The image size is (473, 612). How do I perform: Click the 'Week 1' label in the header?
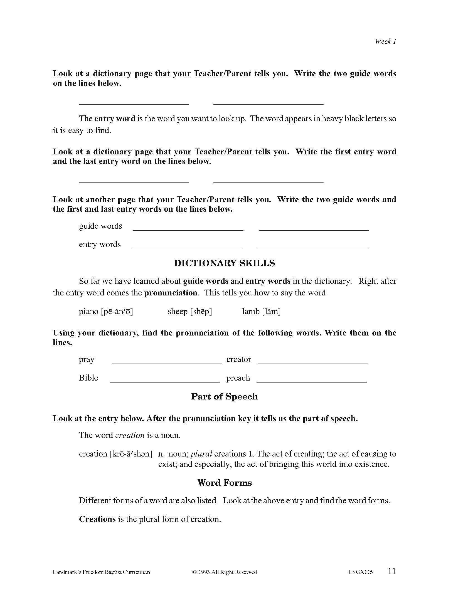point(386,41)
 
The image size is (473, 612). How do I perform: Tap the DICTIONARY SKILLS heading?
point(225,263)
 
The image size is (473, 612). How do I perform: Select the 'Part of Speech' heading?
point(225,396)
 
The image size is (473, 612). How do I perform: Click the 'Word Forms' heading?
point(225,483)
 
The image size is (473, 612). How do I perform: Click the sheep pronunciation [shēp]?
point(201,311)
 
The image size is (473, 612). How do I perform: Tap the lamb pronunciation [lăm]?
point(271,311)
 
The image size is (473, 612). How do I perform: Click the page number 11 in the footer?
point(392,571)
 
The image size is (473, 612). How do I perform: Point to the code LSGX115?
point(361,572)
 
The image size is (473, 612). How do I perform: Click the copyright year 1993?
point(204,572)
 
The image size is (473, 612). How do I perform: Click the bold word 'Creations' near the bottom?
point(97,519)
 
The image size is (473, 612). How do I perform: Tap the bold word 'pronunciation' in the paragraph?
point(171,293)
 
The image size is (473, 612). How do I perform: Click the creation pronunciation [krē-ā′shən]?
point(131,454)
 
